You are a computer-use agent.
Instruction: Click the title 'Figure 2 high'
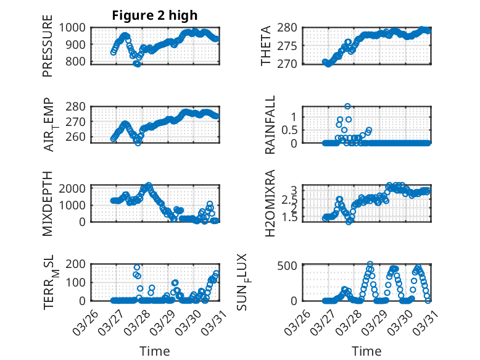coord(155,15)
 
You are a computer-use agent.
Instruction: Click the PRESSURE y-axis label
coord(48,51)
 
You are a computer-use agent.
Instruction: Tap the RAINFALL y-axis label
coord(270,125)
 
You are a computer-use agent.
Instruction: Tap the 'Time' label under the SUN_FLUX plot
coord(366,351)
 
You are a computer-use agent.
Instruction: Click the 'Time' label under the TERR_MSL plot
coord(155,351)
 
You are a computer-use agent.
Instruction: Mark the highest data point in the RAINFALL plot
coord(348,106)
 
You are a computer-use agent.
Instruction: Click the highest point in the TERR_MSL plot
coord(136,267)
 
